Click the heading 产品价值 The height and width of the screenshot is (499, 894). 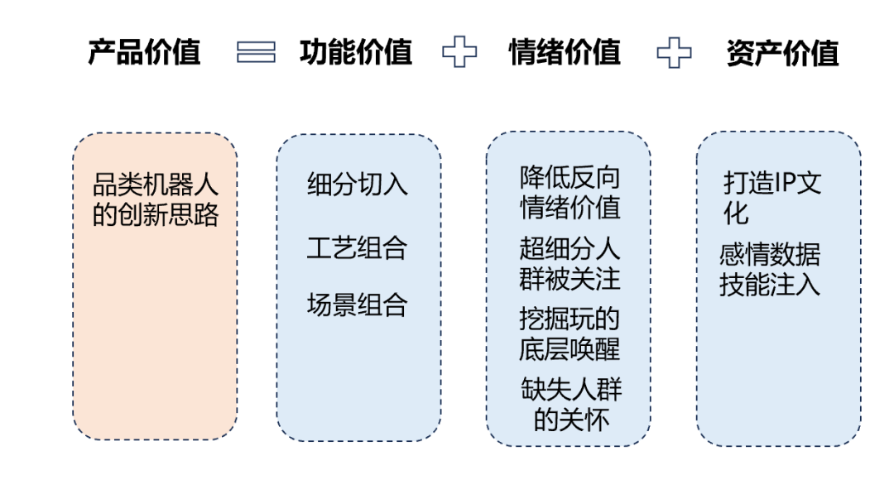click(144, 53)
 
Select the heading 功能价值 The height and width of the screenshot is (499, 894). click(355, 53)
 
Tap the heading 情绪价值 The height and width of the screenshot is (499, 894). click(565, 53)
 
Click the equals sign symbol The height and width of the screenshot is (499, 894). click(256, 53)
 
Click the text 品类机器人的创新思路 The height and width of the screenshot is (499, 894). click(156, 199)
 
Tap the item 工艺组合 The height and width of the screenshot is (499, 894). click(358, 247)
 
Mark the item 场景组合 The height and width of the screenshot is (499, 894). click(358, 305)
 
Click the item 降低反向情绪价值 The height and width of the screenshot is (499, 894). click(570, 192)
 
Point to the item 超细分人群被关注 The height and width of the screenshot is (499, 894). click(570, 264)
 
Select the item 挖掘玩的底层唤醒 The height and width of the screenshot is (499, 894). click(570, 334)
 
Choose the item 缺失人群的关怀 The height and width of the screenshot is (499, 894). click(571, 404)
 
